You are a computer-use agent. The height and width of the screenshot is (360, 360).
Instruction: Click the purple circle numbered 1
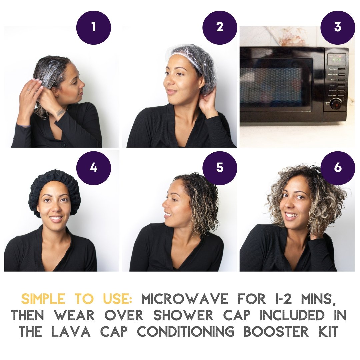click(94, 27)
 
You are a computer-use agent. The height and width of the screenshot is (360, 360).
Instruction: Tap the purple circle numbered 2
click(220, 27)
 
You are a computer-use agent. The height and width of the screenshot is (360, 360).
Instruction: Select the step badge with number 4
click(94, 168)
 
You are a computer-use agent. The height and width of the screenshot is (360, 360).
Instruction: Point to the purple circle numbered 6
click(338, 168)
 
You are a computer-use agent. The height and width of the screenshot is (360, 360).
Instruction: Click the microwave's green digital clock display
click(336, 60)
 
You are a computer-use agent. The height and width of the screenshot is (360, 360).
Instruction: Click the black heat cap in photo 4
click(54, 180)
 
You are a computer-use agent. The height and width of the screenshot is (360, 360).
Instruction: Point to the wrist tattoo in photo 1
click(61, 113)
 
